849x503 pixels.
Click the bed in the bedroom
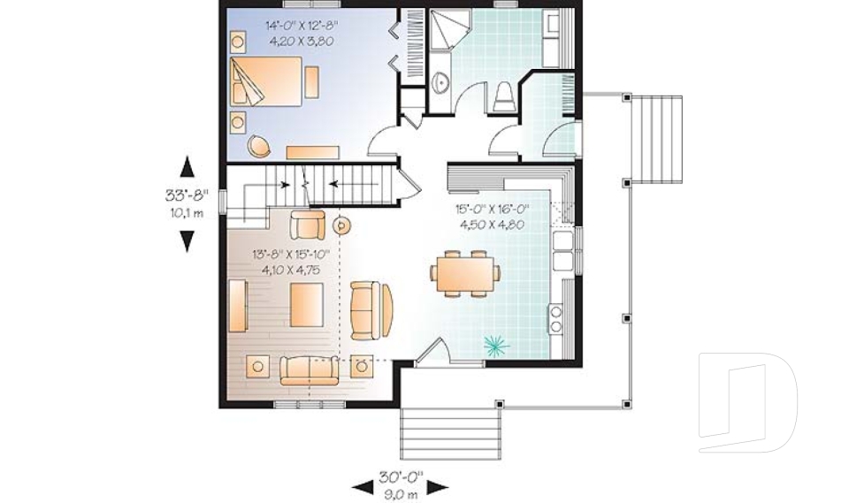coord(268,81)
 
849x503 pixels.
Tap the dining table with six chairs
coord(464,274)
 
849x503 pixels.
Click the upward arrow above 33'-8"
coord(187,169)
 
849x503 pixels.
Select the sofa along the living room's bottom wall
coord(309,369)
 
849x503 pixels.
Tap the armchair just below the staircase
coord(308,225)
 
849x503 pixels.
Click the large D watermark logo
coord(747,402)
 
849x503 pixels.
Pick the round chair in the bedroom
coord(257,146)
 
